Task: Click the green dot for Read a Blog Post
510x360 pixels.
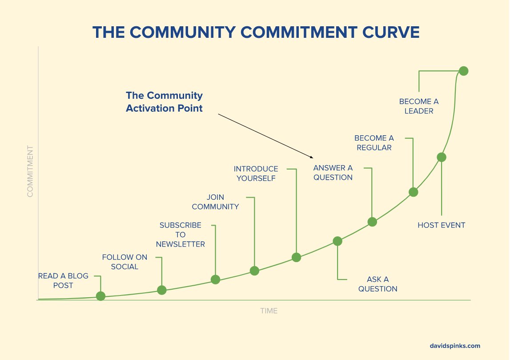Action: [101, 296]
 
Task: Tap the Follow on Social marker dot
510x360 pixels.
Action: [162, 290]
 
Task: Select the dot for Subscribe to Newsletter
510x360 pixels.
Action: [215, 279]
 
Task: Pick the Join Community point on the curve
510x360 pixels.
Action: [254, 271]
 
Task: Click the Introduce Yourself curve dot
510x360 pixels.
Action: [297, 257]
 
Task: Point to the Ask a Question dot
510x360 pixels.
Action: [337, 241]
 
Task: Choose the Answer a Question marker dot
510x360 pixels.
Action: [372, 222]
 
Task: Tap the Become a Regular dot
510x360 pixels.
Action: [414, 192]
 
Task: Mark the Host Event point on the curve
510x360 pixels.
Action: [442, 157]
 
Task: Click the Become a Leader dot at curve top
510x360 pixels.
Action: [464, 71]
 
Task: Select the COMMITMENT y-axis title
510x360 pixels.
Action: [30, 171]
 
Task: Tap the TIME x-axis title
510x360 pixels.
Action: [269, 311]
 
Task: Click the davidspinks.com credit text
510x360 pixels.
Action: [455, 346]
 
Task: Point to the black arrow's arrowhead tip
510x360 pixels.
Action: [313, 158]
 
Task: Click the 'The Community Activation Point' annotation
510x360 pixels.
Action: [164, 101]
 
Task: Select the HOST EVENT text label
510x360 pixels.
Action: [442, 225]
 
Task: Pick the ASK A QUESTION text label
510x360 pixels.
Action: [378, 284]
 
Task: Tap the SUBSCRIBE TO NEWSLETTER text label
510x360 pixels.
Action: [181, 235]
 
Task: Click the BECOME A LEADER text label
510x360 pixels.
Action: [419, 106]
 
